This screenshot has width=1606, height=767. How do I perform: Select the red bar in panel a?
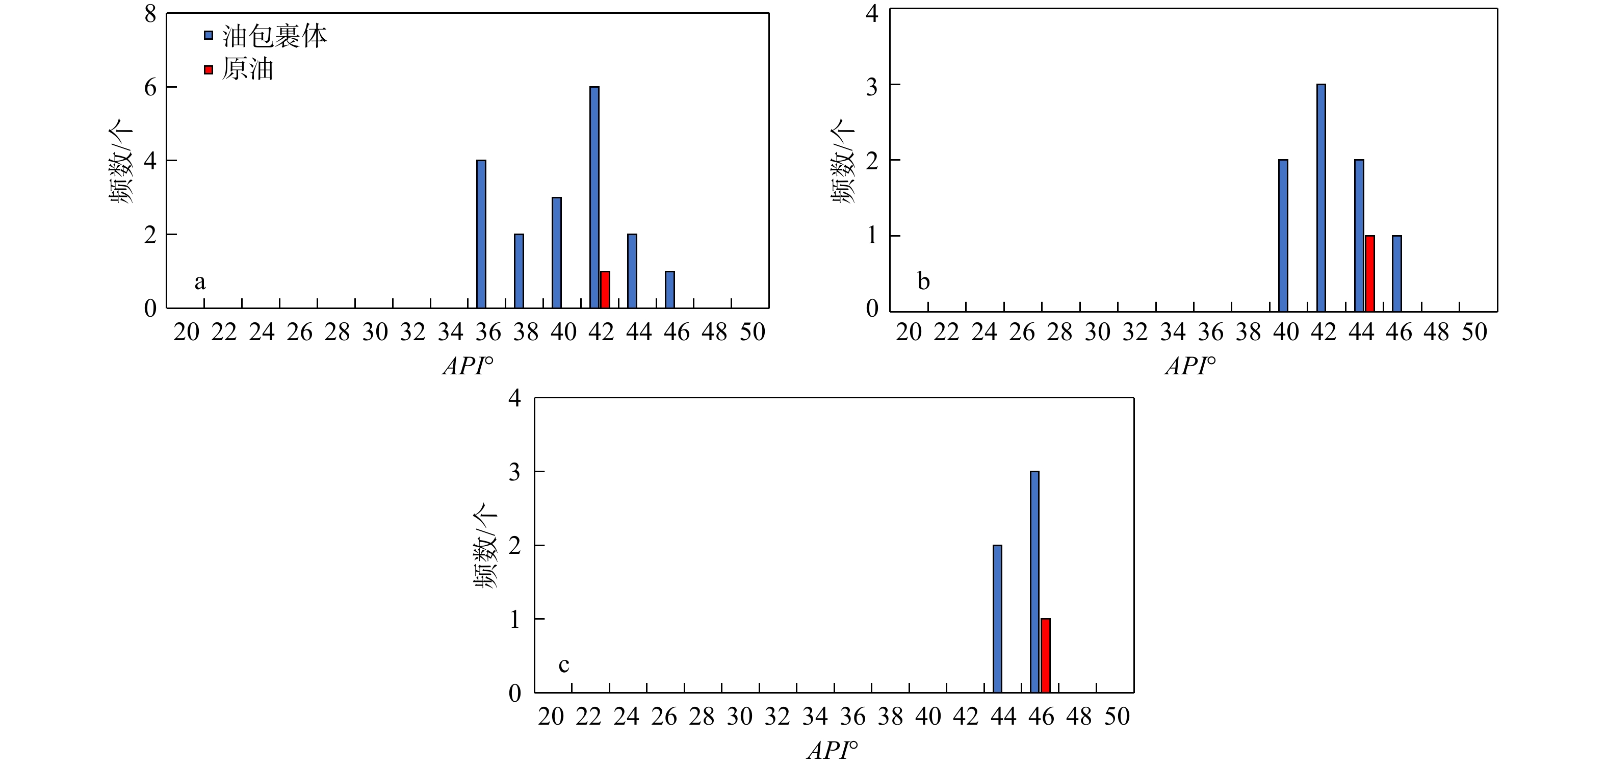tap(605, 289)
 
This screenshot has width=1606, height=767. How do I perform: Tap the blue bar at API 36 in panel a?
tap(481, 234)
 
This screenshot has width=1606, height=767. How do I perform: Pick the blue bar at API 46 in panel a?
tap(669, 289)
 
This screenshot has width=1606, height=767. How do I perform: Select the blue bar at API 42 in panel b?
tap(1321, 198)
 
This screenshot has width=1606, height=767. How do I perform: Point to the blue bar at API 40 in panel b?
tap(1283, 236)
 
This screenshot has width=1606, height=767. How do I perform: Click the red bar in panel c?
tap(1046, 655)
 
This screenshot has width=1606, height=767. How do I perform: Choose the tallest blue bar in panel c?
tap(1035, 582)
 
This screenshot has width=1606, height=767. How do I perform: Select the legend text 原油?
tap(247, 69)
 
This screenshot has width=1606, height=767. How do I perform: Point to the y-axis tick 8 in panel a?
tap(150, 13)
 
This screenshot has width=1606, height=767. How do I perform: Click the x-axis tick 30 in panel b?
tap(1098, 333)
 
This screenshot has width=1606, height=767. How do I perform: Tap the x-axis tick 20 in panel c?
tap(551, 717)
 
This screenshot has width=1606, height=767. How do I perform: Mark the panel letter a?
tap(199, 283)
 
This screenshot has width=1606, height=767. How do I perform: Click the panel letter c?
tap(563, 666)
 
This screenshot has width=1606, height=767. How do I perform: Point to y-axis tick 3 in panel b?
tap(872, 86)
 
